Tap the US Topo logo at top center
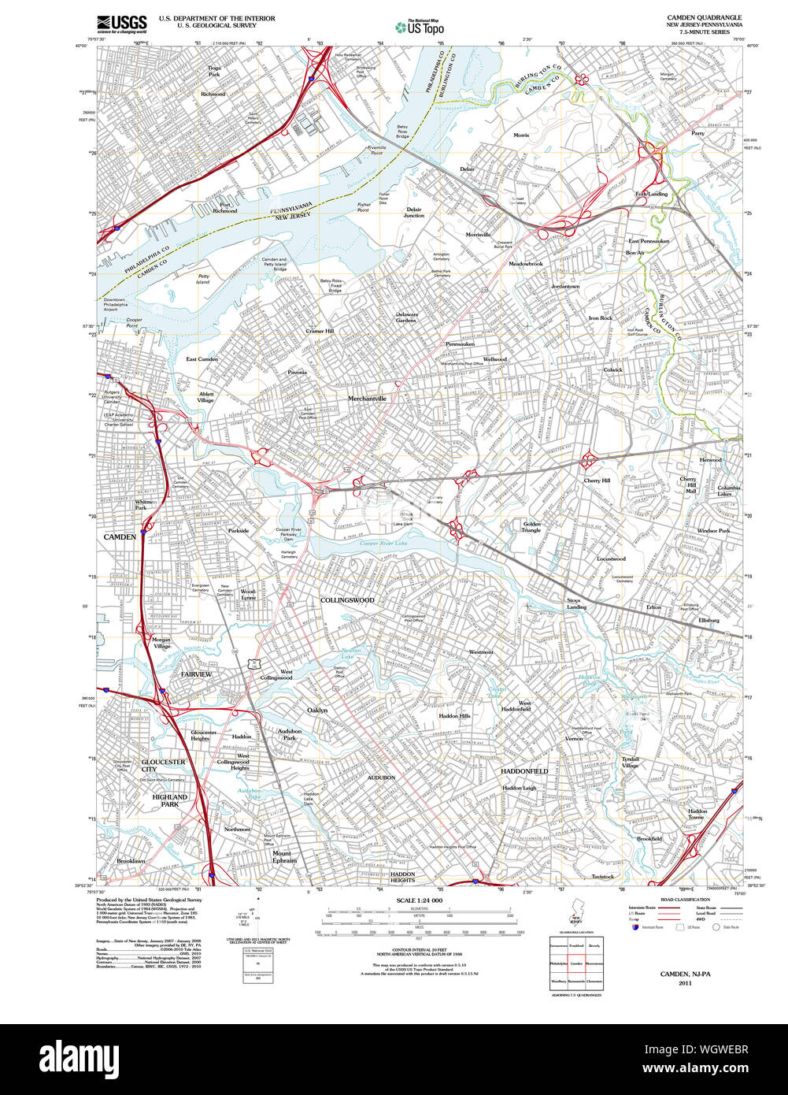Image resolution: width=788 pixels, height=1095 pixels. (x=420, y=27)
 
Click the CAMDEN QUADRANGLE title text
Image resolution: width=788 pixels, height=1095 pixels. (x=704, y=17)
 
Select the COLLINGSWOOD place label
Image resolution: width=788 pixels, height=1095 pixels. (x=347, y=600)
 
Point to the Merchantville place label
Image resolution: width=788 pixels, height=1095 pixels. (x=367, y=399)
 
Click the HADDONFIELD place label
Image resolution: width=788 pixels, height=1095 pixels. (x=524, y=770)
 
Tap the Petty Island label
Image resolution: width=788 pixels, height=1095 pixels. (x=203, y=279)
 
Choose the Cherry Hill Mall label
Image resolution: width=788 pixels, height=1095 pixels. (x=690, y=484)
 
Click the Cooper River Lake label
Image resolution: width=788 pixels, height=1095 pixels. (x=383, y=544)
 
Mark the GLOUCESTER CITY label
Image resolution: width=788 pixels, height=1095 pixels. (x=163, y=766)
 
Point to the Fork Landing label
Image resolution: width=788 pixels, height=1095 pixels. (x=651, y=193)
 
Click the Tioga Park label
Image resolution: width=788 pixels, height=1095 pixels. (x=214, y=71)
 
